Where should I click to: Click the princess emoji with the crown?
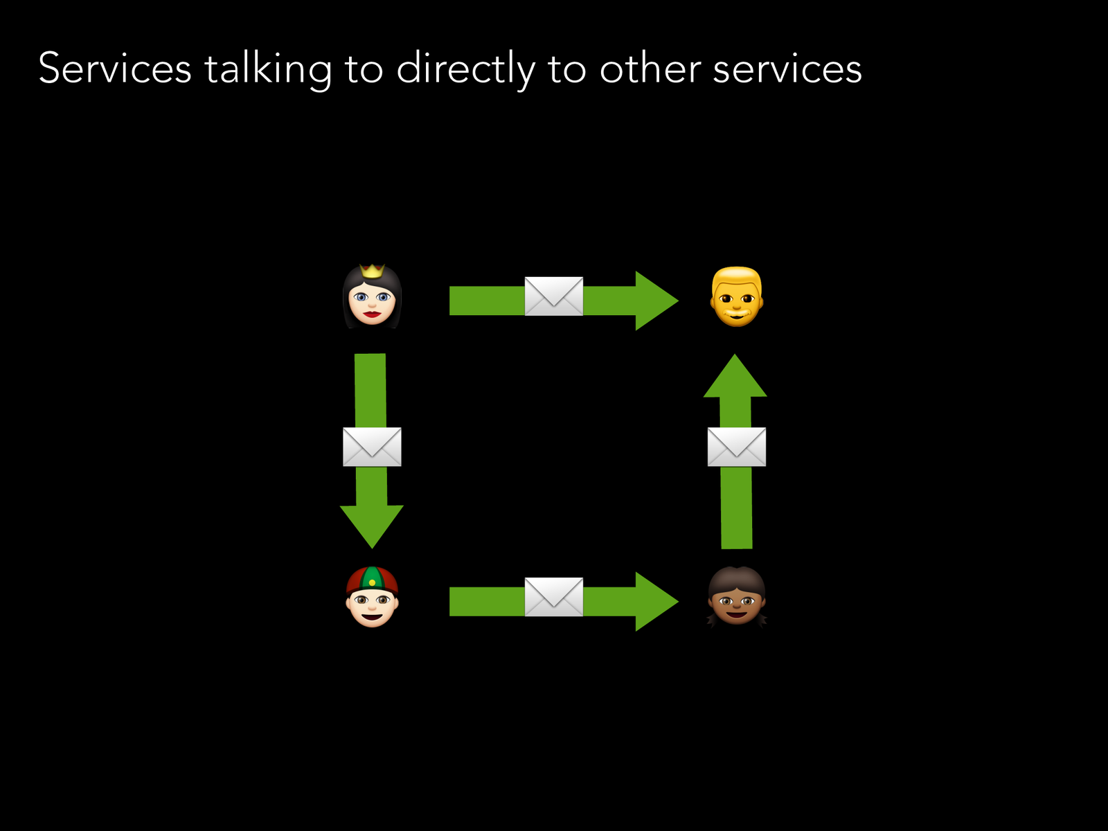(x=372, y=297)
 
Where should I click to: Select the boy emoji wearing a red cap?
(x=372, y=597)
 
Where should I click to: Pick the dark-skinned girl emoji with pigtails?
(x=736, y=597)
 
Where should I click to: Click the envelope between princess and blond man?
(x=553, y=296)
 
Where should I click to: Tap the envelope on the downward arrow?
(x=372, y=447)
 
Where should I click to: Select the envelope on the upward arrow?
(x=736, y=447)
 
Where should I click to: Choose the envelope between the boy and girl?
(x=553, y=597)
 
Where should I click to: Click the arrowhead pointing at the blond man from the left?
(x=654, y=301)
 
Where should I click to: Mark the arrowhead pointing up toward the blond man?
(x=735, y=378)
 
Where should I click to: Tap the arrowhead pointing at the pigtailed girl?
(x=654, y=601)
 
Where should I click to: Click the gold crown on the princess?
(x=372, y=270)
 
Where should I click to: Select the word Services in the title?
(x=114, y=69)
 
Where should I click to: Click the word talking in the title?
(x=267, y=69)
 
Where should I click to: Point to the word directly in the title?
(x=465, y=69)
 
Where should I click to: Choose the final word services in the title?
(x=787, y=69)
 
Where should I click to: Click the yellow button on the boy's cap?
(x=372, y=582)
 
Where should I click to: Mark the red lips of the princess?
(x=372, y=314)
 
